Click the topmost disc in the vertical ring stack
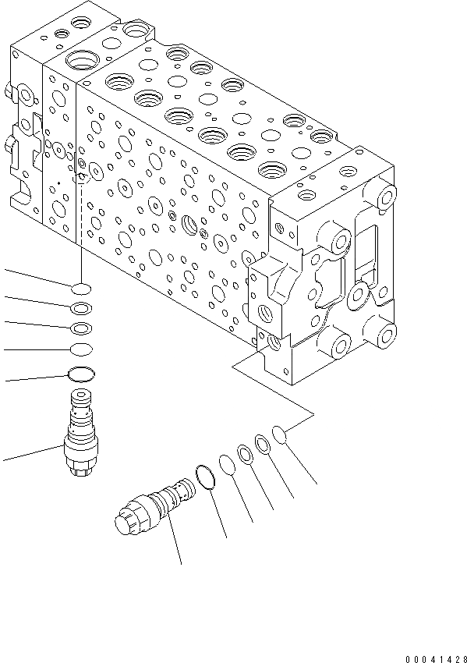[81, 288]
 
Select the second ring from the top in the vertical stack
[81, 308]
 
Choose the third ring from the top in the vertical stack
[81, 328]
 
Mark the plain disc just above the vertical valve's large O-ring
[81, 349]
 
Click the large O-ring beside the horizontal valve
[204, 477]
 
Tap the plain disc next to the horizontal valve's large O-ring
[228, 466]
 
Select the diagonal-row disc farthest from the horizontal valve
[281, 433]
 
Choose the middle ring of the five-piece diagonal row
[245, 454]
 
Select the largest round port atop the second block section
[80, 59]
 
